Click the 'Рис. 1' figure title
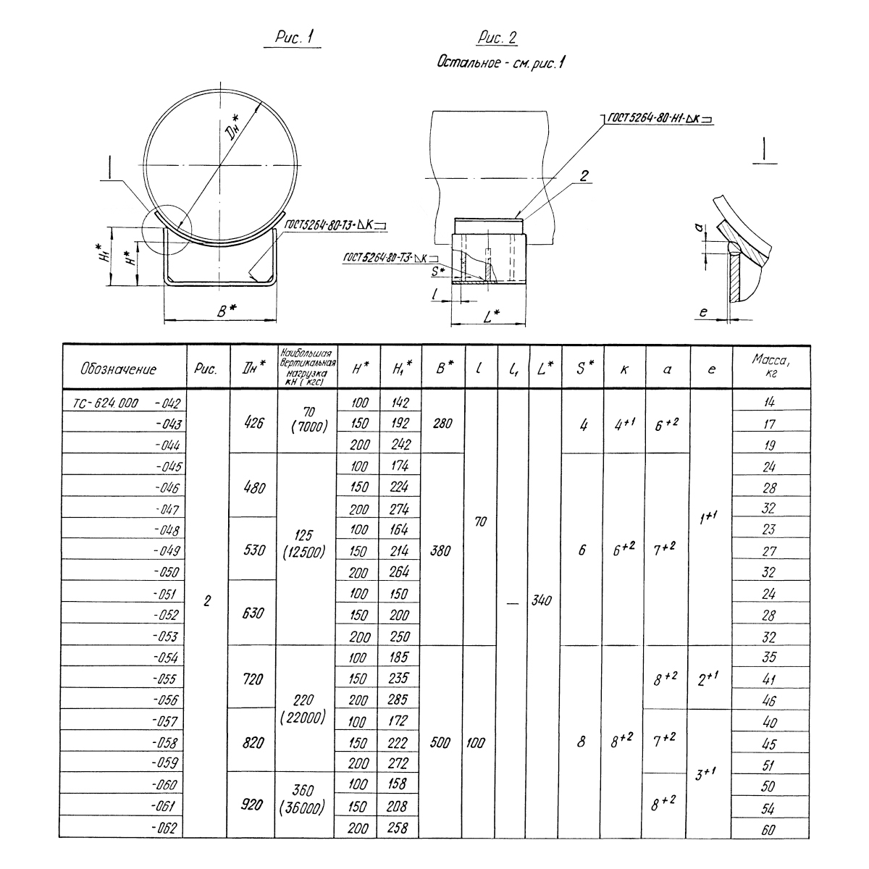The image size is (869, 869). pyautogui.click(x=294, y=37)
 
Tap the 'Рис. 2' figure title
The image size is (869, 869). pyautogui.click(x=497, y=38)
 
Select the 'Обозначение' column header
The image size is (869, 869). pyautogui.click(x=118, y=369)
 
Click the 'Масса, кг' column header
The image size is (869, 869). pyautogui.click(x=771, y=366)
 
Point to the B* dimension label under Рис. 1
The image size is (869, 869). pyautogui.click(x=227, y=310)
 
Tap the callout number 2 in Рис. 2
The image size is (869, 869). pyautogui.click(x=584, y=175)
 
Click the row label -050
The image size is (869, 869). pyautogui.click(x=167, y=572)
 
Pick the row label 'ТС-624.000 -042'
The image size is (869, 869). pyautogui.click(x=127, y=403)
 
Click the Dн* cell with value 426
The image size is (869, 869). pyautogui.click(x=254, y=422)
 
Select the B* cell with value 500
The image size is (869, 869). pyautogui.click(x=440, y=742)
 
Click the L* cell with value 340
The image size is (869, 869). pyautogui.click(x=542, y=600)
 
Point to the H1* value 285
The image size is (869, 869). pyautogui.click(x=398, y=700)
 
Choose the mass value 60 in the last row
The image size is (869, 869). pyautogui.click(x=768, y=830)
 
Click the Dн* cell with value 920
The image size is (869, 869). pyautogui.click(x=251, y=805)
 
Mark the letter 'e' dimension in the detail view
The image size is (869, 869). pyautogui.click(x=703, y=311)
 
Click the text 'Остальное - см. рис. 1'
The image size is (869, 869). pyautogui.click(x=500, y=62)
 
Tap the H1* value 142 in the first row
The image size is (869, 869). pyautogui.click(x=400, y=402)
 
